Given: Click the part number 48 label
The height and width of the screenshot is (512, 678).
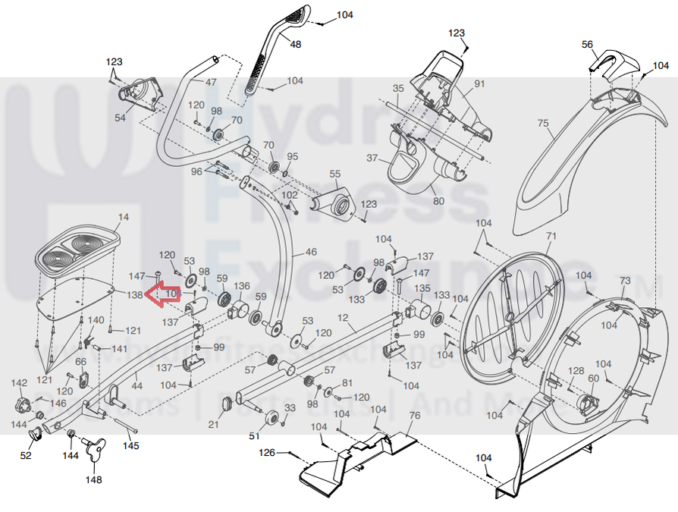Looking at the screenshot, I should coord(295,45).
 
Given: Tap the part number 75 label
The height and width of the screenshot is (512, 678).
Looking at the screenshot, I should coord(542,123).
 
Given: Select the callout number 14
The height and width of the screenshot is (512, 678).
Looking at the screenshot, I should coord(124,218).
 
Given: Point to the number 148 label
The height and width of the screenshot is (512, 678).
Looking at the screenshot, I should coord(93,479).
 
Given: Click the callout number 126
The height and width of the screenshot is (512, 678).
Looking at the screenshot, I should coord(267,454).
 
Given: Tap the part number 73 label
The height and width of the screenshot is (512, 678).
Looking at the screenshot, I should coord(625,281).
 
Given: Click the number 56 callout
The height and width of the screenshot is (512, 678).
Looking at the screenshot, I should coord(588,45).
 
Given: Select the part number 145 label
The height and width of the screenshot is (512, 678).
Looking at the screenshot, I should coord(131,445).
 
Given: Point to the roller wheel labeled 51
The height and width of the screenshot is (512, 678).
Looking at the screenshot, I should coord(269,418).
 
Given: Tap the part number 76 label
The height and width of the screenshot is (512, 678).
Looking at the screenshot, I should coord(414,416).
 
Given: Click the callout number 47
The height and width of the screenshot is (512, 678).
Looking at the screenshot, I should coord(211,82).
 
